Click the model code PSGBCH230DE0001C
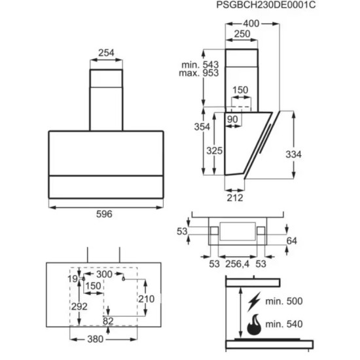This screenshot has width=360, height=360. click(266, 5)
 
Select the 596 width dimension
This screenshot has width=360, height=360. click(104, 214)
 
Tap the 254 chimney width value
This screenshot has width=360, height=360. click(106, 53)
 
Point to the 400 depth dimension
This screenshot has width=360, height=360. click(251, 24)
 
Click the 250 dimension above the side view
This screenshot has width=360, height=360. click(242, 34)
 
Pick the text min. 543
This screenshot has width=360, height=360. click(200, 65)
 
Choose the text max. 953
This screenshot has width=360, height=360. click(199, 73)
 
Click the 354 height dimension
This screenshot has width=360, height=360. click(202, 127)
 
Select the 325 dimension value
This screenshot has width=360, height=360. click(215, 151)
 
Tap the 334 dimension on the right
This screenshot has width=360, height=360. click(293, 154)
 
